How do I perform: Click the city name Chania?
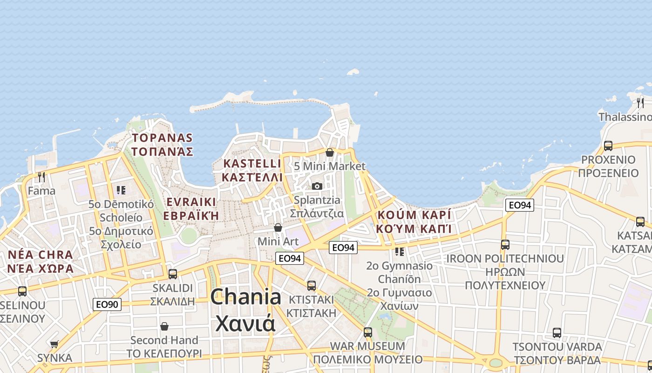245,310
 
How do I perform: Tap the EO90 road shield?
107,304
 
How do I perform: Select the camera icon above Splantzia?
317,186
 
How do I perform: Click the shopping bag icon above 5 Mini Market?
330,152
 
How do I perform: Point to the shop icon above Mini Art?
278,228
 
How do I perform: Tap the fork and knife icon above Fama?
41,177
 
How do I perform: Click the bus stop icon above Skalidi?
173,274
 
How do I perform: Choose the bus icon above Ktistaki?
311,285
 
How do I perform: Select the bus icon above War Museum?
368,332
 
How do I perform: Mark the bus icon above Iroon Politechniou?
505,244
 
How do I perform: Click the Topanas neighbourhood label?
162,145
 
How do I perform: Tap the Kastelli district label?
252,170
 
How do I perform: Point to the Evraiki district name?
191,208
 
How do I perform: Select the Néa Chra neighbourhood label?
41,262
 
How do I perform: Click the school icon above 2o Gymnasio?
400,252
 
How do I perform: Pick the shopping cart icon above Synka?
54,344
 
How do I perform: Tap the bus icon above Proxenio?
608,145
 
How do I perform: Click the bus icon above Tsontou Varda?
557,333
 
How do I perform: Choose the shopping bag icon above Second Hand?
164,326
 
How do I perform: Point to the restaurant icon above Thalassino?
640,102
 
